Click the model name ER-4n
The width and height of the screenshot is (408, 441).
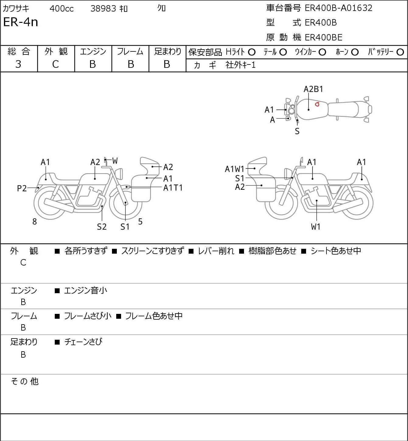[21, 22]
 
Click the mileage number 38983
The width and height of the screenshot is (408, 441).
[103, 9]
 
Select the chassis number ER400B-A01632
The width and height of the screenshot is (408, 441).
[338, 8]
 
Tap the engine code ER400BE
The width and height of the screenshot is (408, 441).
[323, 37]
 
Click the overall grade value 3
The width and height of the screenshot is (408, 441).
[19, 64]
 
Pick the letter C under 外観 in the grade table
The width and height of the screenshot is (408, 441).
[56, 64]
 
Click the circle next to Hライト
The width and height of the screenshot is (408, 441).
[252, 52]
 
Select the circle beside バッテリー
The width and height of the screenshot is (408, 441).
[400, 52]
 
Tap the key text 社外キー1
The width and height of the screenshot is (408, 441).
[241, 65]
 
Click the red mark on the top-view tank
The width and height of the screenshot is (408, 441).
[317, 104]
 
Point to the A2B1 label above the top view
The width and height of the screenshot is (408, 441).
[313, 89]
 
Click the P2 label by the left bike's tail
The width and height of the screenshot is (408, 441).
[22, 189]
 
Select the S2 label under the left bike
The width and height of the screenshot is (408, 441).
[102, 227]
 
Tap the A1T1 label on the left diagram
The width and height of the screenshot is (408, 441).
[173, 188]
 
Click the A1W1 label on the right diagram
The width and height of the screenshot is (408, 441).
[235, 169]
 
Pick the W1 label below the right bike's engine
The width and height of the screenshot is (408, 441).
[316, 227]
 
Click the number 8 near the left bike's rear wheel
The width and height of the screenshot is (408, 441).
[35, 222]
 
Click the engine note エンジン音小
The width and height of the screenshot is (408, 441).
[85, 291]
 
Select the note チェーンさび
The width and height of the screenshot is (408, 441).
[83, 342]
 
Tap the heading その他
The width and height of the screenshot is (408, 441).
[25, 381]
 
